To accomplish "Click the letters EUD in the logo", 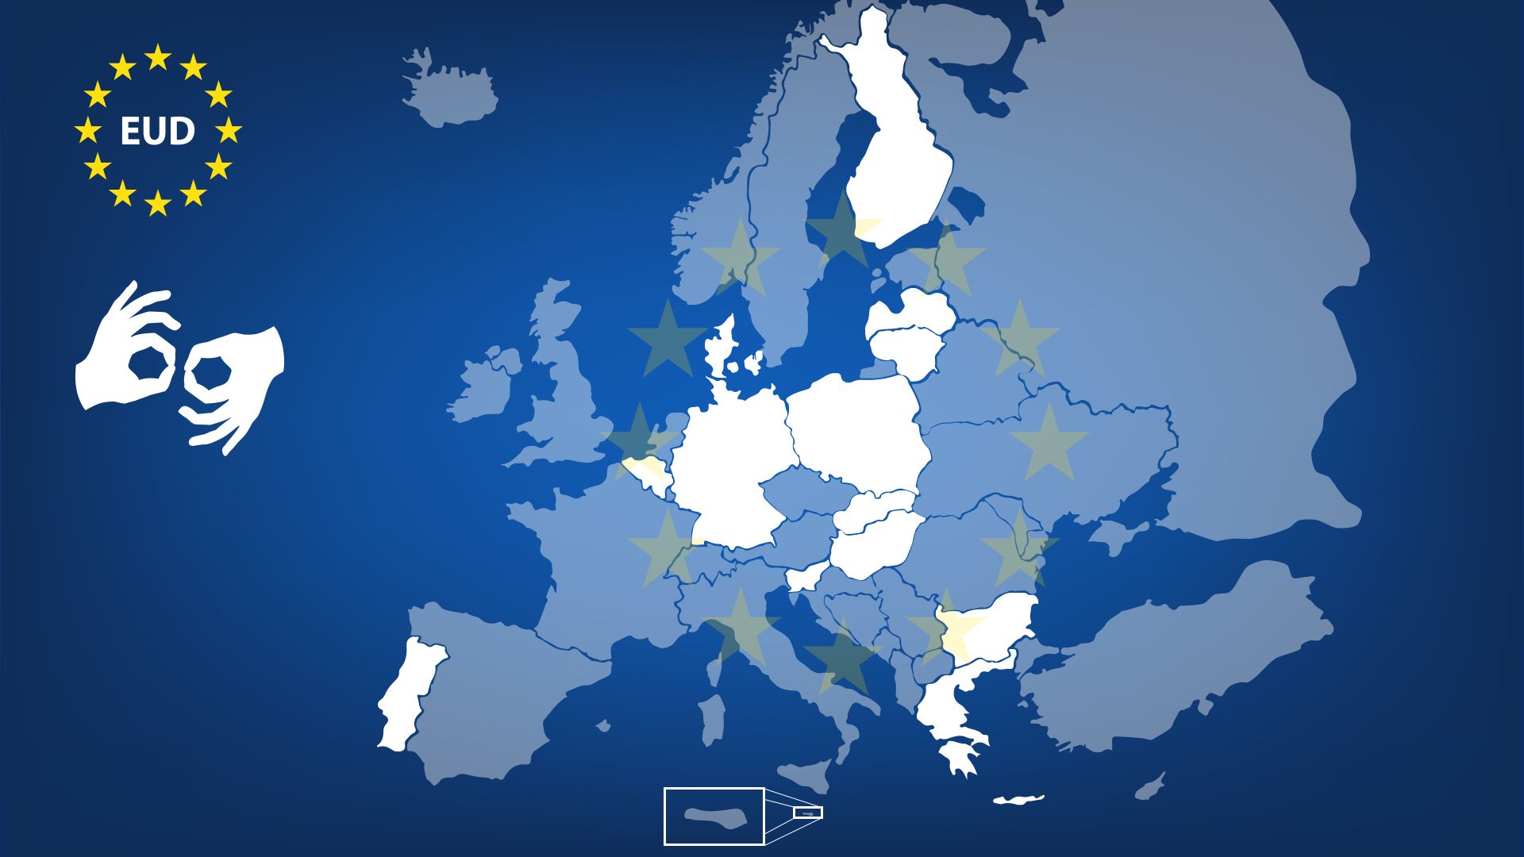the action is pos(157,131).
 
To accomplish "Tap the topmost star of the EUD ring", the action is pos(158,57).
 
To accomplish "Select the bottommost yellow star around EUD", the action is pos(158,203).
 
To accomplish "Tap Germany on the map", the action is pos(730,468).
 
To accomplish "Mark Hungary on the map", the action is pos(873,544).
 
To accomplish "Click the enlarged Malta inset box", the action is pos(714,817).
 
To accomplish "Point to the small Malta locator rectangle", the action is pos(808,813).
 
